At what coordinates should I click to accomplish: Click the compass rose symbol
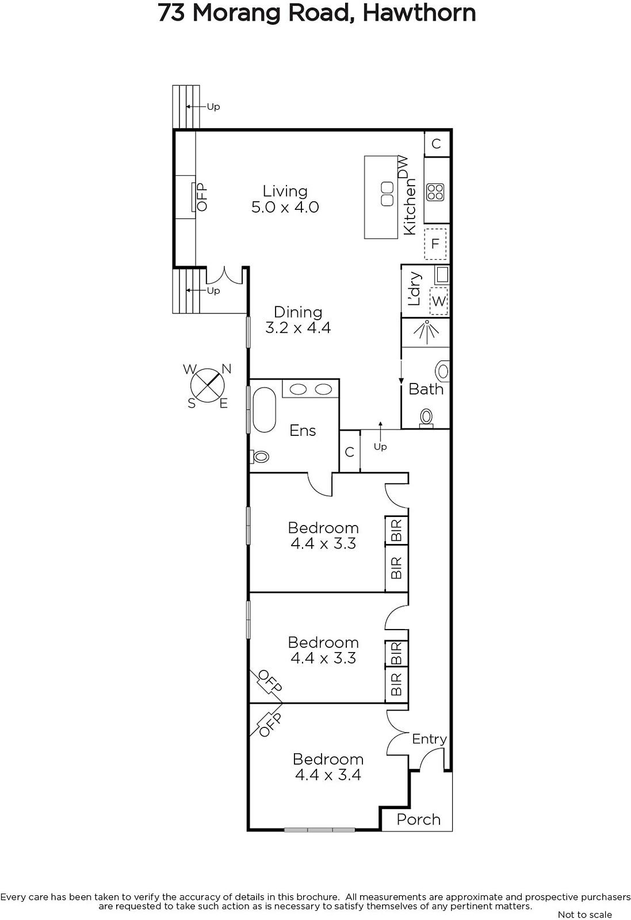coord(208,386)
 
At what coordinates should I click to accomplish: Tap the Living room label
coord(285,199)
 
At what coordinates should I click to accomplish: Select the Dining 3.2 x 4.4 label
coord(298,320)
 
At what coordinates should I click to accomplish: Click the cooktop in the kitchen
coord(435,192)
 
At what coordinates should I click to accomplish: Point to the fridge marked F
coord(435,244)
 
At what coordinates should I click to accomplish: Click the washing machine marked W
coord(438,301)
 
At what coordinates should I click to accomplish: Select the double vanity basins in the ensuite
coord(311,389)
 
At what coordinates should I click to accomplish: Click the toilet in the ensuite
coord(260,457)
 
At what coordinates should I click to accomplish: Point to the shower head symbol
coord(427,332)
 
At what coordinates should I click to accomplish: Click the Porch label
coord(418,819)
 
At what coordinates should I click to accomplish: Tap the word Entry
coord(429,739)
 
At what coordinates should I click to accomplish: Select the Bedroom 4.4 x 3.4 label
coord(328,767)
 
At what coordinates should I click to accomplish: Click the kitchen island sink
coord(387,194)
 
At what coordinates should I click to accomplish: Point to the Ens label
coord(303,431)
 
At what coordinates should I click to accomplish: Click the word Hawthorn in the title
coord(419,13)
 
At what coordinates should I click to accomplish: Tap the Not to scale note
coord(584,914)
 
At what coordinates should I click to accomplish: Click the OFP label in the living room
coord(202,197)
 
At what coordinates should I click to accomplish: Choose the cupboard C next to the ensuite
coord(350,452)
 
